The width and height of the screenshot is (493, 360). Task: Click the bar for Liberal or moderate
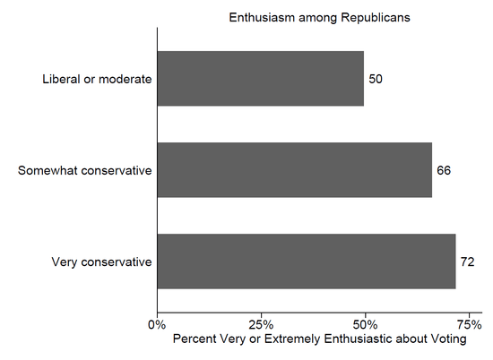260,79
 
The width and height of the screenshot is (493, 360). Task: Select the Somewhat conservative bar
294,170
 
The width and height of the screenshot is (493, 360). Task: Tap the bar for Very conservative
307,261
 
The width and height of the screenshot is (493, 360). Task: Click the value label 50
376,79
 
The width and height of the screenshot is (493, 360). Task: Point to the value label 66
444,170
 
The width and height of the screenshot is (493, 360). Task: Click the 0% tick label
157,323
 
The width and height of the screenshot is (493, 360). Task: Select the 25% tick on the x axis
261,323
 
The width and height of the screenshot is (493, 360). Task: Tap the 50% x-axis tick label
365,323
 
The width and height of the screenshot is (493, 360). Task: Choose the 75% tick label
468,323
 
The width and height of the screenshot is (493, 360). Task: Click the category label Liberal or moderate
97,79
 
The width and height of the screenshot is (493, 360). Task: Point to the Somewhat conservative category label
85,170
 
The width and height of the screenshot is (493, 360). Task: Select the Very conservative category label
101,261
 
